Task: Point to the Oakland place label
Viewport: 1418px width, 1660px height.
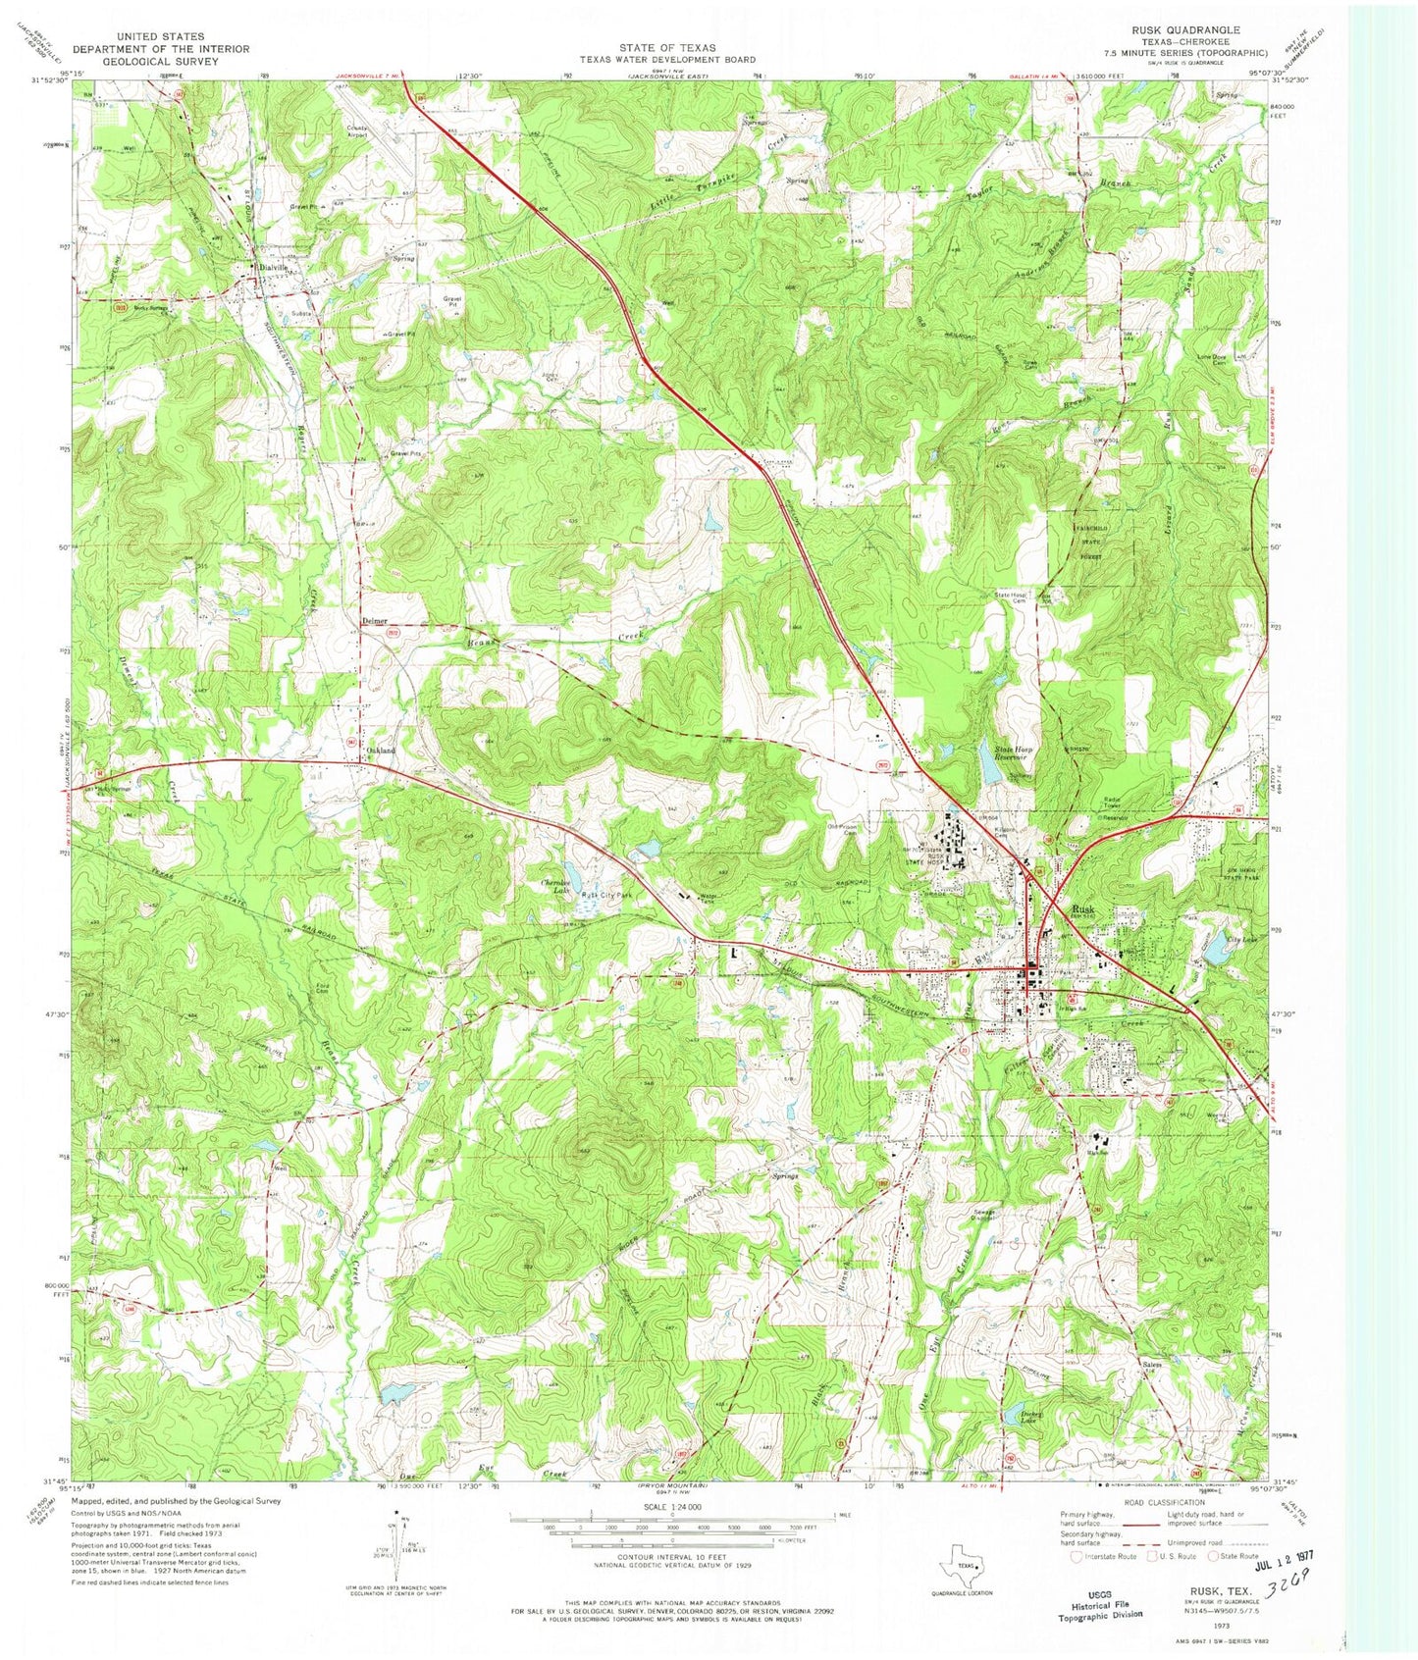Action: (381, 751)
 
